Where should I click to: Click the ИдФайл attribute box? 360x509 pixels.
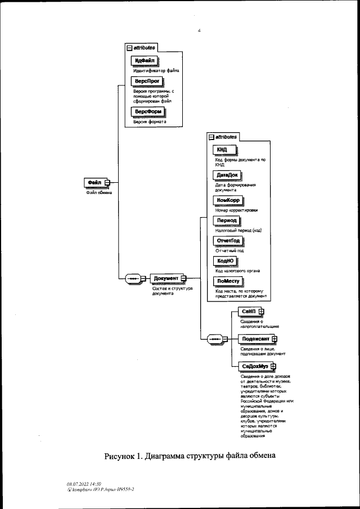tap(145, 61)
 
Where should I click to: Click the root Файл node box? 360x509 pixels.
tap(94, 182)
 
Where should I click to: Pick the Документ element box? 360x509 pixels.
tap(166, 278)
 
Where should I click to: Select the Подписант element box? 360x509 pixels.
tap(254, 339)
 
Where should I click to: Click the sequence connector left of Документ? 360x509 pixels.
tap(133, 278)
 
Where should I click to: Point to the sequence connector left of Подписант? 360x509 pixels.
tap(215, 339)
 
